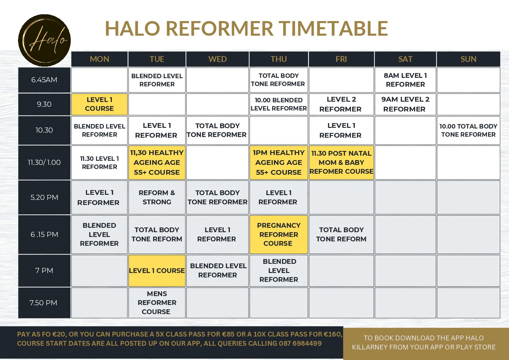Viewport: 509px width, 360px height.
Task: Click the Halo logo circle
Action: point(44,40)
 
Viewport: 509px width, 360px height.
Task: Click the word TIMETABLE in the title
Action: point(333,29)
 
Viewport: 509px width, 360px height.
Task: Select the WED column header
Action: point(218,59)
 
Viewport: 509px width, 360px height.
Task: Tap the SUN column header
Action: point(468,59)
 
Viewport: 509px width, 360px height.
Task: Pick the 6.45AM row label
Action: point(44,80)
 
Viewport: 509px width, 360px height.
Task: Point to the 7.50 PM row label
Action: point(44,303)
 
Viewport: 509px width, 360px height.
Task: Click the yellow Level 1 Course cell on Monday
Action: point(99,104)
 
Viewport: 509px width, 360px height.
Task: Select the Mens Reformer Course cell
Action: point(157,303)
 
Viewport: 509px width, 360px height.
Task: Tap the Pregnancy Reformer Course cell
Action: point(278,235)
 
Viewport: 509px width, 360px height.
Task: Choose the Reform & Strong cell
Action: point(157,198)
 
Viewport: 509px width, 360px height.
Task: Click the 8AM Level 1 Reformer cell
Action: point(405,80)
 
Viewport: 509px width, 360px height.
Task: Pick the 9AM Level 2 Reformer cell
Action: point(405,104)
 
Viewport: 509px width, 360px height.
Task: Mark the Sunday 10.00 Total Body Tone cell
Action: point(468,131)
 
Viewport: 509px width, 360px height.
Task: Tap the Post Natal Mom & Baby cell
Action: point(341,162)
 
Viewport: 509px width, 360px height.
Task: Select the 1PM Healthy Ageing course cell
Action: point(278,162)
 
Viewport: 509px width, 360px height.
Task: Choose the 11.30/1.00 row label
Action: point(44,162)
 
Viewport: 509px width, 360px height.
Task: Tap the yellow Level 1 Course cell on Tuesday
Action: point(157,271)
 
